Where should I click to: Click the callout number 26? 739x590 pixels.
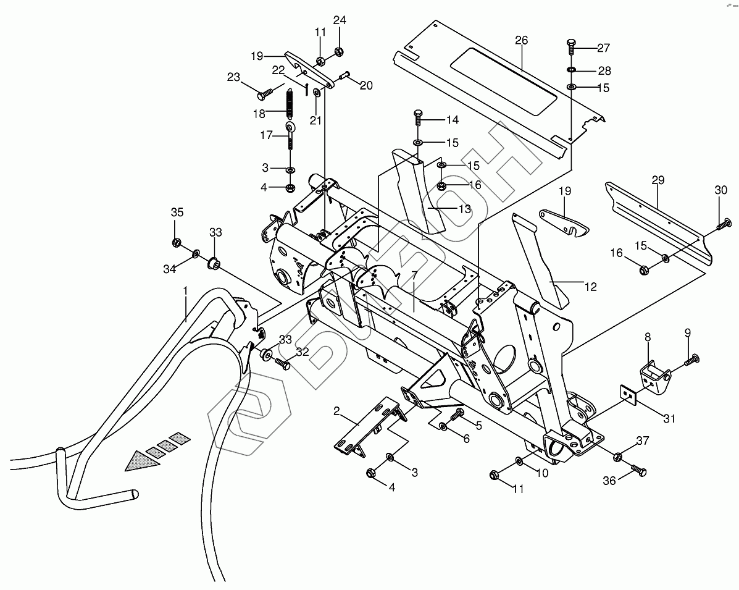[x=522, y=40]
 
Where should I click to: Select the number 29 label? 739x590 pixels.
[x=658, y=180]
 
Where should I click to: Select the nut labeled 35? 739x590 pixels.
[x=177, y=242]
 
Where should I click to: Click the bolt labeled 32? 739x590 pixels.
[x=282, y=364]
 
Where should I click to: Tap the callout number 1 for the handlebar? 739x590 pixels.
[x=185, y=290]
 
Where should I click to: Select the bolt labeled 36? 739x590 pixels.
[x=638, y=471]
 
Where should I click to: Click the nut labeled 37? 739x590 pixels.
[x=618, y=457]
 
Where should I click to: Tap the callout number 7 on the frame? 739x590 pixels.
[x=413, y=273]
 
